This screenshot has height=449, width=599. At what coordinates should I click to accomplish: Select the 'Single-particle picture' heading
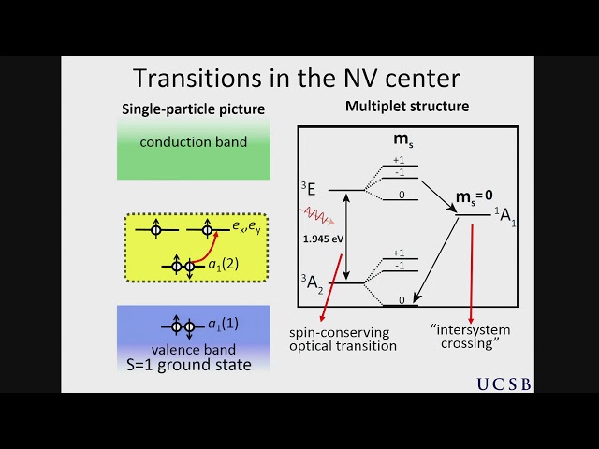tap(193, 109)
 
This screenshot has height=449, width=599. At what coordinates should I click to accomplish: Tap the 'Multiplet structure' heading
tap(407, 106)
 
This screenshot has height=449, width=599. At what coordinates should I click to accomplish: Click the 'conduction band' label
tap(193, 142)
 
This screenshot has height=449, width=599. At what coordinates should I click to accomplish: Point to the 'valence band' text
tap(193, 350)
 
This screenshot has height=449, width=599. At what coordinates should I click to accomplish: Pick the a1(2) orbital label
tap(224, 264)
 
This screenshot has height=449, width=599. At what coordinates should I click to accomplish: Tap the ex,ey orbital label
tap(247, 225)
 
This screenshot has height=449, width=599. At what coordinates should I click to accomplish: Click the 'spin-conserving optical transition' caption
tap(343, 339)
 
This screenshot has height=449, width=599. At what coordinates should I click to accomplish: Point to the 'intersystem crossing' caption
tap(470, 336)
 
